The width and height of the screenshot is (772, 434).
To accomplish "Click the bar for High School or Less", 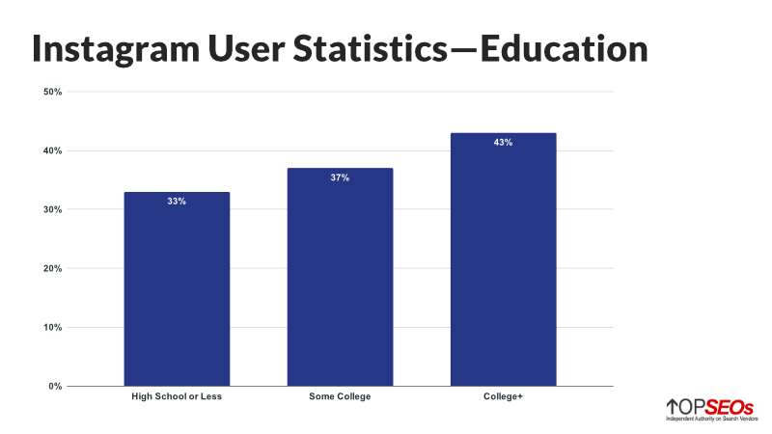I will pyautogui.click(x=177, y=289).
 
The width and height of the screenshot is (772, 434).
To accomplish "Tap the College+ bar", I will pyautogui.click(x=503, y=260).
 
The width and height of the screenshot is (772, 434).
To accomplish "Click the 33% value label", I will pyautogui.click(x=177, y=203).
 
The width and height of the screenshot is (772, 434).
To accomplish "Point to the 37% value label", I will pyautogui.click(x=340, y=178).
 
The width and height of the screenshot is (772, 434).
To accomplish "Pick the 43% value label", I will pyautogui.click(x=503, y=143).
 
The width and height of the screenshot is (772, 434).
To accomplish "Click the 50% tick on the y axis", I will pyautogui.click(x=52, y=93).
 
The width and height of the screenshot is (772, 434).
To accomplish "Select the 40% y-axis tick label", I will pyautogui.click(x=52, y=151).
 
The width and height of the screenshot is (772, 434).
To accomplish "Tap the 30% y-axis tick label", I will pyautogui.click(x=52, y=210).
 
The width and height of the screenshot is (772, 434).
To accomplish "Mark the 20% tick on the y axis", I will pyautogui.click(x=52, y=269).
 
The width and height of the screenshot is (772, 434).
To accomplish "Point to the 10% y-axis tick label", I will pyautogui.click(x=52, y=328).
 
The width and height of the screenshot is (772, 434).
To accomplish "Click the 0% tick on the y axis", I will pyautogui.click(x=55, y=387).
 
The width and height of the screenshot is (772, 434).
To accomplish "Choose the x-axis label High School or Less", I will pyautogui.click(x=177, y=397).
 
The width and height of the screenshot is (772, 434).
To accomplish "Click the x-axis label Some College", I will pyautogui.click(x=340, y=397).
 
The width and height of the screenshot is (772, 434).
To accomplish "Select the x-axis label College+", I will pyautogui.click(x=503, y=397).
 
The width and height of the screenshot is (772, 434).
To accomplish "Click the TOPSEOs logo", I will pyautogui.click(x=708, y=407).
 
